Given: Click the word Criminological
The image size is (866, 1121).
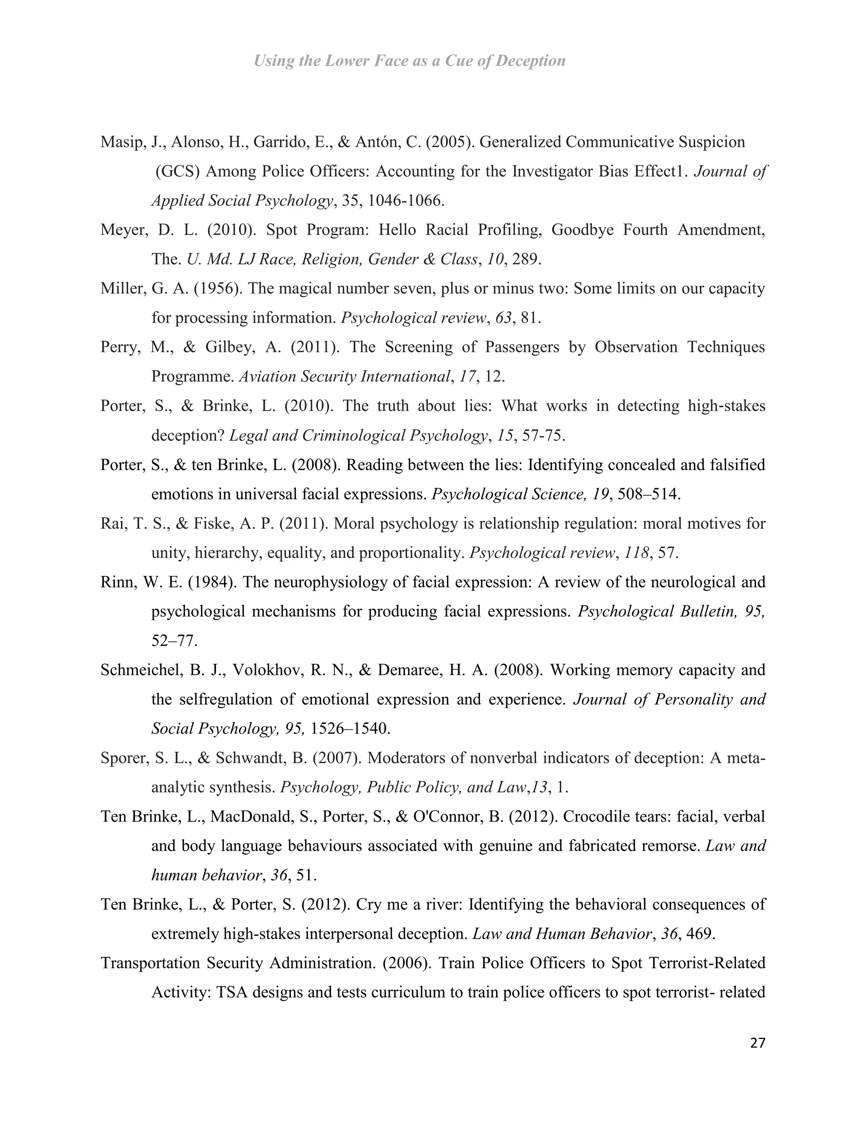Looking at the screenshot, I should click(354, 436).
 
